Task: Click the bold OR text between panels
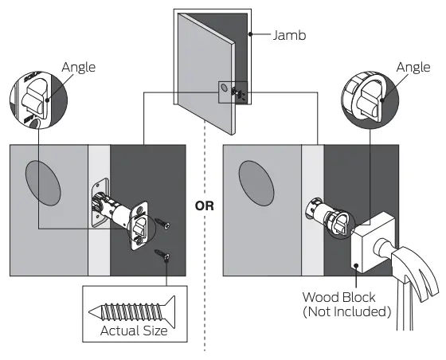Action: click(x=205, y=205)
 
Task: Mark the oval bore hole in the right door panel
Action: click(x=260, y=186)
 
